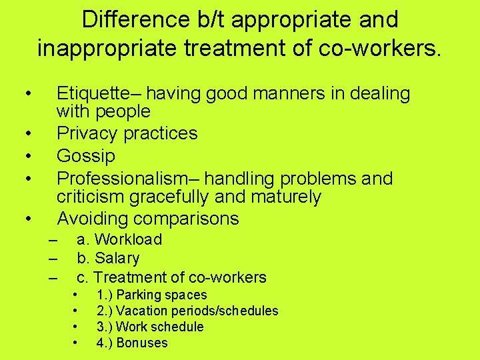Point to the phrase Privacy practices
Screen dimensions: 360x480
click(127, 133)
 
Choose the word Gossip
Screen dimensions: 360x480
click(86, 156)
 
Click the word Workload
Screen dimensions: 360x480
click(129, 239)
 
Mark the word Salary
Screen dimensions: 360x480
click(117, 258)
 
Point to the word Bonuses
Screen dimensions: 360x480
click(142, 343)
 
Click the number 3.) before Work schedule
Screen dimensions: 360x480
click(105, 327)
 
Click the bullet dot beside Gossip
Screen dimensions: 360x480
click(27, 157)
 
